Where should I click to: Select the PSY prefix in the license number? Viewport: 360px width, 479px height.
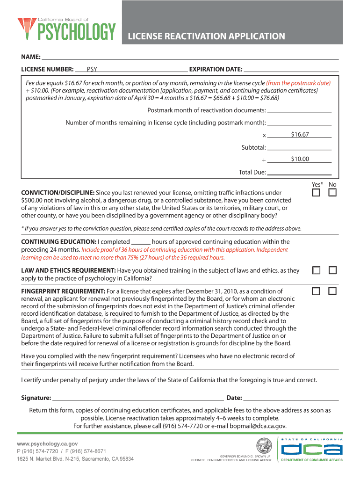click(92, 70)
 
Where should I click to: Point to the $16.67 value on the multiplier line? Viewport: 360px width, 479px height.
click(300, 135)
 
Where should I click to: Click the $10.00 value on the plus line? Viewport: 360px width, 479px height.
click(300, 159)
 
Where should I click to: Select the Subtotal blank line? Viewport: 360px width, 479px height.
click(299, 148)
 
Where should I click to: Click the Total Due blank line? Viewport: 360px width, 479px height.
click(299, 173)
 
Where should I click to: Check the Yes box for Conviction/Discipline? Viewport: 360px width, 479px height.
click(317, 193)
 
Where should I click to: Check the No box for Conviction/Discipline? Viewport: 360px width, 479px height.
click(332, 193)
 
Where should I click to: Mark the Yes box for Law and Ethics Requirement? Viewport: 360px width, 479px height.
click(317, 271)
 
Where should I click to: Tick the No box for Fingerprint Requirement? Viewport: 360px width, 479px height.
click(332, 291)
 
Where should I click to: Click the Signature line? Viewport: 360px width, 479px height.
click(138, 399)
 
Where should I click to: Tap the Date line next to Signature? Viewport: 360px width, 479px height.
click(291, 399)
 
